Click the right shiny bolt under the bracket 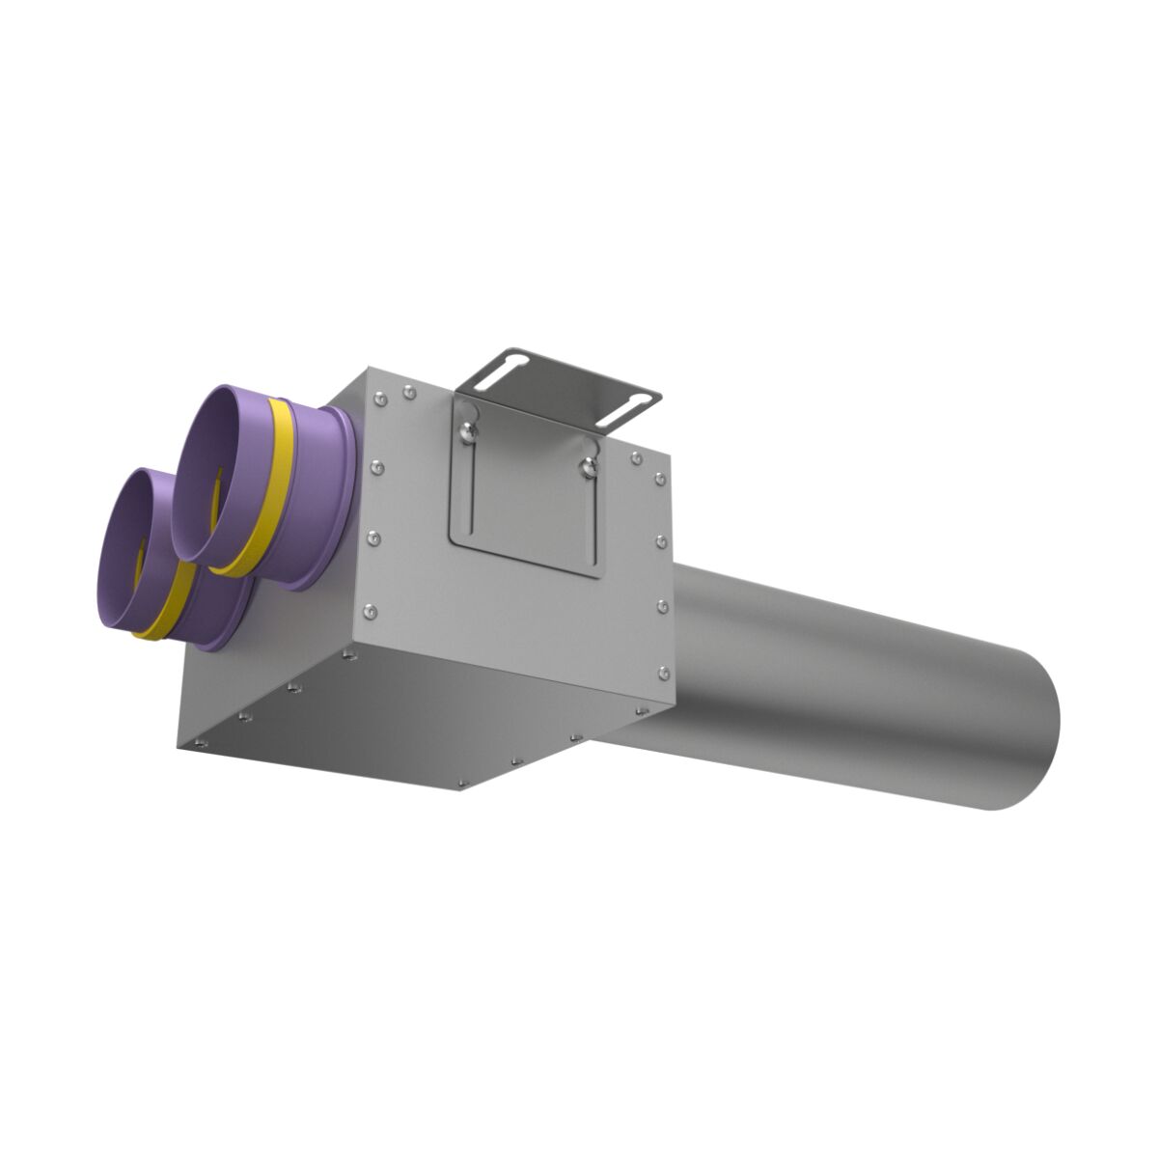click(588, 468)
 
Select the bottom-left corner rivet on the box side click(369, 610)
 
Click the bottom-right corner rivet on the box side click(662, 672)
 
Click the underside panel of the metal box click(405, 714)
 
